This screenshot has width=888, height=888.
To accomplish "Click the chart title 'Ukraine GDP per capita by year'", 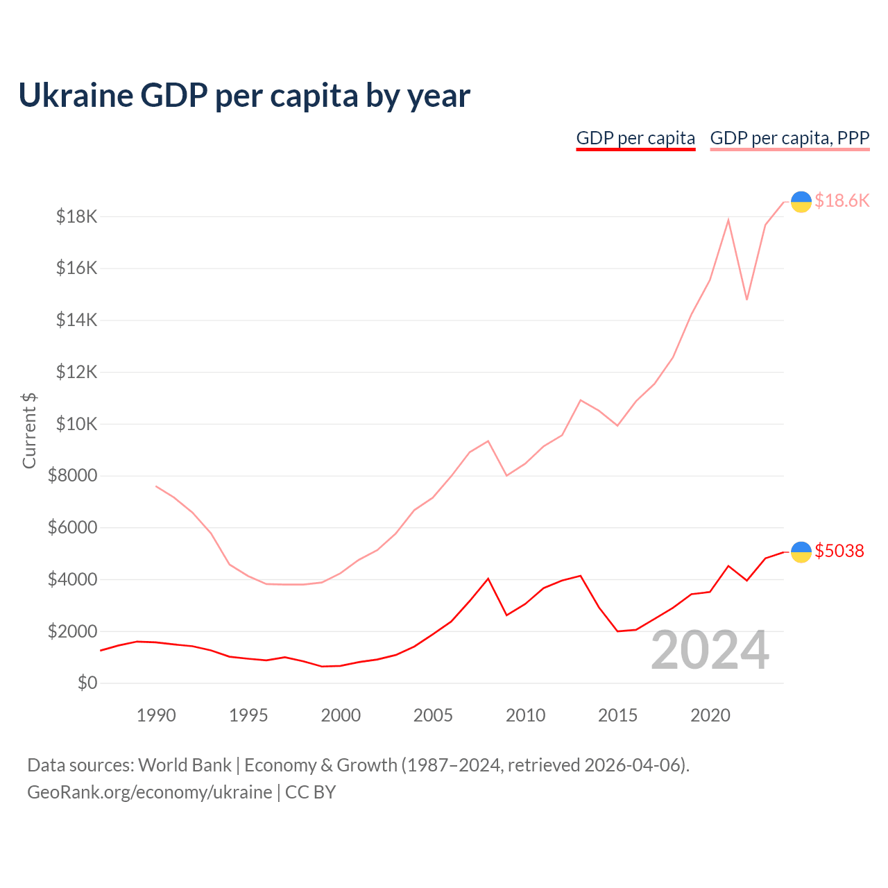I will coord(244,96).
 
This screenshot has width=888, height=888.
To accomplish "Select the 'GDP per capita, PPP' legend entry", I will coord(789,138).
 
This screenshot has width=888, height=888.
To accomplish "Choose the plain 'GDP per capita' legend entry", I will coord(635,138).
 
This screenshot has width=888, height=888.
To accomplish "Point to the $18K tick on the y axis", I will coord(76,217).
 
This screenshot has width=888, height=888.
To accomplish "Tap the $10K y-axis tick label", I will coord(76,424).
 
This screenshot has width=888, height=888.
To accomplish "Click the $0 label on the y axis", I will coord(87,683).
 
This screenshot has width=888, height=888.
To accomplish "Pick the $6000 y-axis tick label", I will coord(72,528).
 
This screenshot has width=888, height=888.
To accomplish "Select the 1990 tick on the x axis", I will coord(156,715).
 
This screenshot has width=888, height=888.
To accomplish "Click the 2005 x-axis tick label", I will coord(433,715).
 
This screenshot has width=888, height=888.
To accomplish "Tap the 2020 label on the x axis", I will coord(710,715).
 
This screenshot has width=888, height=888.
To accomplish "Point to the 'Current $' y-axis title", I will coord(29,430).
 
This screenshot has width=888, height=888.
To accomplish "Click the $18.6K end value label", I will coord(842,201).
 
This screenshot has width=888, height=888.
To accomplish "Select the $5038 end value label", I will coord(839,552).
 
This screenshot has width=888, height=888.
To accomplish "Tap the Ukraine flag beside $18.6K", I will coord(801,201).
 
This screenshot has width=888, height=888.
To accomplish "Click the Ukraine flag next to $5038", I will coord(801,552).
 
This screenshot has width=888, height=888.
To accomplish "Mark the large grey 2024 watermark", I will coord(710,651).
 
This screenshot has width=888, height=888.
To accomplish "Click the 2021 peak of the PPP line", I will coord(728,220).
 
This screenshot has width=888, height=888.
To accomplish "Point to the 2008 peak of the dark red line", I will coord(488,579).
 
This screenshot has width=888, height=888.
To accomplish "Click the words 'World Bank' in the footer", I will coord(185,765).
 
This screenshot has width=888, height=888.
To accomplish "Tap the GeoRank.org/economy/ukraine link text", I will coord(150,792).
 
